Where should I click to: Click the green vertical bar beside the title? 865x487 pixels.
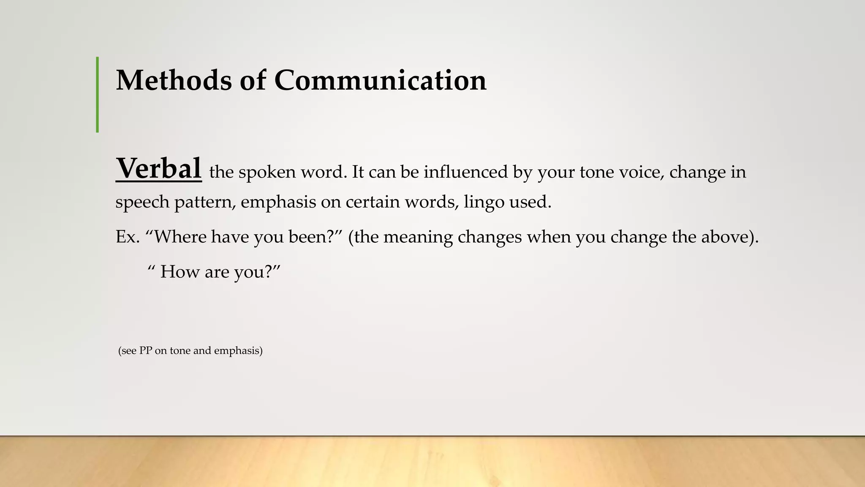tap(98, 95)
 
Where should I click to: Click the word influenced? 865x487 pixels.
tap(465, 172)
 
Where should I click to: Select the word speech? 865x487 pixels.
tap(142, 202)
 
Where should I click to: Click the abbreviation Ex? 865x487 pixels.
tap(128, 237)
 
